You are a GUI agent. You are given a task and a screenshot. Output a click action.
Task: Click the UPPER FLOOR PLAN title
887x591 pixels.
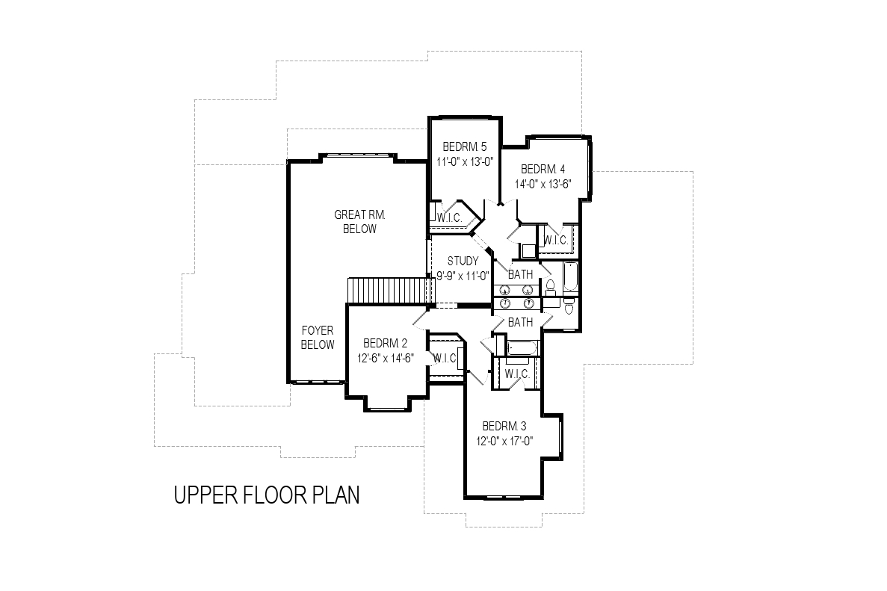[x=267, y=495]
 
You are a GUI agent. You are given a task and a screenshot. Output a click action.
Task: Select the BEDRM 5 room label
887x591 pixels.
[x=465, y=147]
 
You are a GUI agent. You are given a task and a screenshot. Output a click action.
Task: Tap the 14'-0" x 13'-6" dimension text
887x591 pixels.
[x=543, y=184]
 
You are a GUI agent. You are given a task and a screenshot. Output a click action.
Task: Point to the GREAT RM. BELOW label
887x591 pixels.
[x=359, y=222]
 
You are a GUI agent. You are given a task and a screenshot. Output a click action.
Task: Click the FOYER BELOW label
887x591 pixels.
[x=318, y=338]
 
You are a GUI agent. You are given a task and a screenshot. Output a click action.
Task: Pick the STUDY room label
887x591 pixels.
[x=463, y=262]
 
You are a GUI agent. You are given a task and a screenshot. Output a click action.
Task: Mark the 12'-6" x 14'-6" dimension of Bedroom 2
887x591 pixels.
[x=386, y=358]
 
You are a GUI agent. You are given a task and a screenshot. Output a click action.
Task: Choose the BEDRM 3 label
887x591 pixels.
[x=504, y=427]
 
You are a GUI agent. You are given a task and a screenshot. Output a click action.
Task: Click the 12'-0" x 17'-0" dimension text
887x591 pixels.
[x=504, y=441]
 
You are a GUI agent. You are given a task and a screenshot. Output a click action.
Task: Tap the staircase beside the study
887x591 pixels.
[x=389, y=291]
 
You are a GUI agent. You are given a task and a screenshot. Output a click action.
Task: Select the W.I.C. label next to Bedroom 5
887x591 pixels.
[x=450, y=217]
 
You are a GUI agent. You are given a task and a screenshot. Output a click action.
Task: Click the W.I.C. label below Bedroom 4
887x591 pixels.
[x=555, y=241]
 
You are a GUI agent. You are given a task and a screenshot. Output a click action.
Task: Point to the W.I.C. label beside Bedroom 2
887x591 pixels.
[x=445, y=358]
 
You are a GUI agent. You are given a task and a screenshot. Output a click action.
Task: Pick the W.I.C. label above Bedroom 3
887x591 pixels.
[x=517, y=374]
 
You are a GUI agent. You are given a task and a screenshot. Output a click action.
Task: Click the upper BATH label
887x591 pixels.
[x=520, y=274]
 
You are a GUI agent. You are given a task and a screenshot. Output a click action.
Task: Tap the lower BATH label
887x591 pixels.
[x=520, y=322]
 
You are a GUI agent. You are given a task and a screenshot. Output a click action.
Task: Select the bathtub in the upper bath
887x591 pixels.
[x=570, y=276]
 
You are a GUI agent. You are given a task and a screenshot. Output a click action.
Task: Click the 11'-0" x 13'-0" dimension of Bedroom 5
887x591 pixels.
[x=466, y=161]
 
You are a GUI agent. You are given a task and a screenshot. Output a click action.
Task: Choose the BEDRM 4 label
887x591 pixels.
[x=543, y=169]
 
